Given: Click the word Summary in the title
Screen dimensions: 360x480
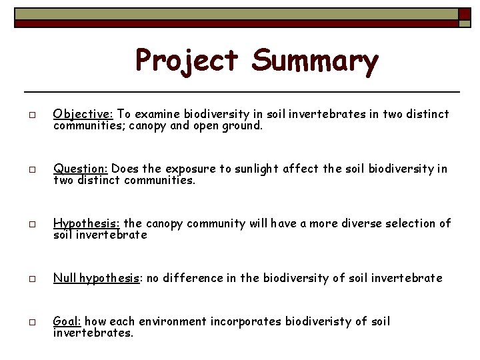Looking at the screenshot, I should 315,61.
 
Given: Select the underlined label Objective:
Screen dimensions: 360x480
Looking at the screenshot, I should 81,114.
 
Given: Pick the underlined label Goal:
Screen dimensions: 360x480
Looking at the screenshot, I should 67,321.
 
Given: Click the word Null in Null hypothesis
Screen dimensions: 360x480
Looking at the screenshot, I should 65,278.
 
